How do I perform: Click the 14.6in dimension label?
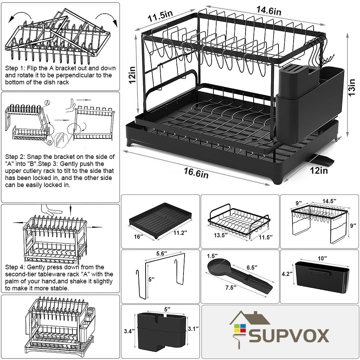[x=268, y=10]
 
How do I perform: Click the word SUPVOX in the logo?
[x=289, y=335]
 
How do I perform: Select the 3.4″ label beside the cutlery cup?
[x=129, y=331]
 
